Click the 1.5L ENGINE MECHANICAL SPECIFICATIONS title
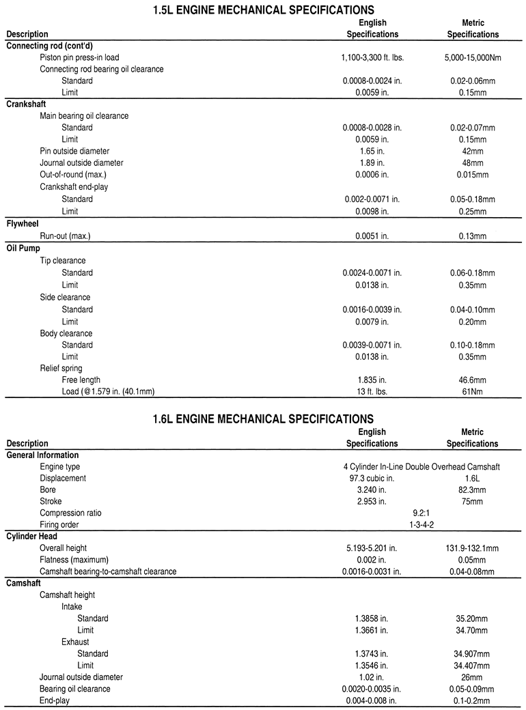point(263,10)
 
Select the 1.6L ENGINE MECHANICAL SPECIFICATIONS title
point(263,418)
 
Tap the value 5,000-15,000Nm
point(472,58)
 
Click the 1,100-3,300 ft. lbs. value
point(372,58)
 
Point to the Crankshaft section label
point(27,104)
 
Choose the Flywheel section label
point(23,224)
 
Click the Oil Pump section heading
point(24,248)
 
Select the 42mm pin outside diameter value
point(472,152)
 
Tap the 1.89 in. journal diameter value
point(372,163)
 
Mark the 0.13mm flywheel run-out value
point(472,236)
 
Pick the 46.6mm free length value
point(472,380)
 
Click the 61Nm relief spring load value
point(472,392)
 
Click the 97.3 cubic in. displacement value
point(372,479)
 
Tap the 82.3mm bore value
point(472,490)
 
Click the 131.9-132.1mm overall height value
point(472,548)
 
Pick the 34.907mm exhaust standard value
point(472,654)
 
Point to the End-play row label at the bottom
point(54,700)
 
